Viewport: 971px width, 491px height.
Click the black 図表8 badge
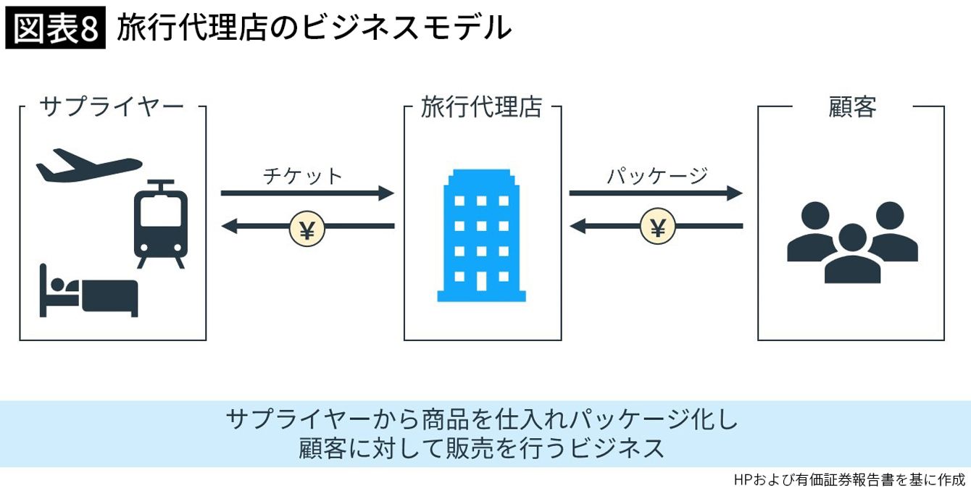tap(56, 30)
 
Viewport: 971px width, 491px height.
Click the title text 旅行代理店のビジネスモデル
tap(314, 29)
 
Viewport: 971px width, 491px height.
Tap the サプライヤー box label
tap(112, 107)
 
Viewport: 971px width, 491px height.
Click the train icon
tap(161, 222)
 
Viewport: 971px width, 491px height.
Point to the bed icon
tap(88, 291)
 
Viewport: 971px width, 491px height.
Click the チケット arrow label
tap(303, 176)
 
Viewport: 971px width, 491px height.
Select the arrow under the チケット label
tap(307, 193)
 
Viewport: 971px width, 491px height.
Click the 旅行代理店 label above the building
tap(482, 107)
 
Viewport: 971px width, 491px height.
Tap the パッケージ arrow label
tap(657, 176)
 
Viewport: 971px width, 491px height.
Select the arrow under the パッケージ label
tap(656, 193)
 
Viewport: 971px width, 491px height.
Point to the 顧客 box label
tap(852, 107)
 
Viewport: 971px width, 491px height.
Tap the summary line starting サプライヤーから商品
tap(480, 419)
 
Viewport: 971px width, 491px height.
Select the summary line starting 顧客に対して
tap(482, 448)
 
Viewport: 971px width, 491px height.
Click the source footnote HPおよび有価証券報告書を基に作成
tap(849, 479)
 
